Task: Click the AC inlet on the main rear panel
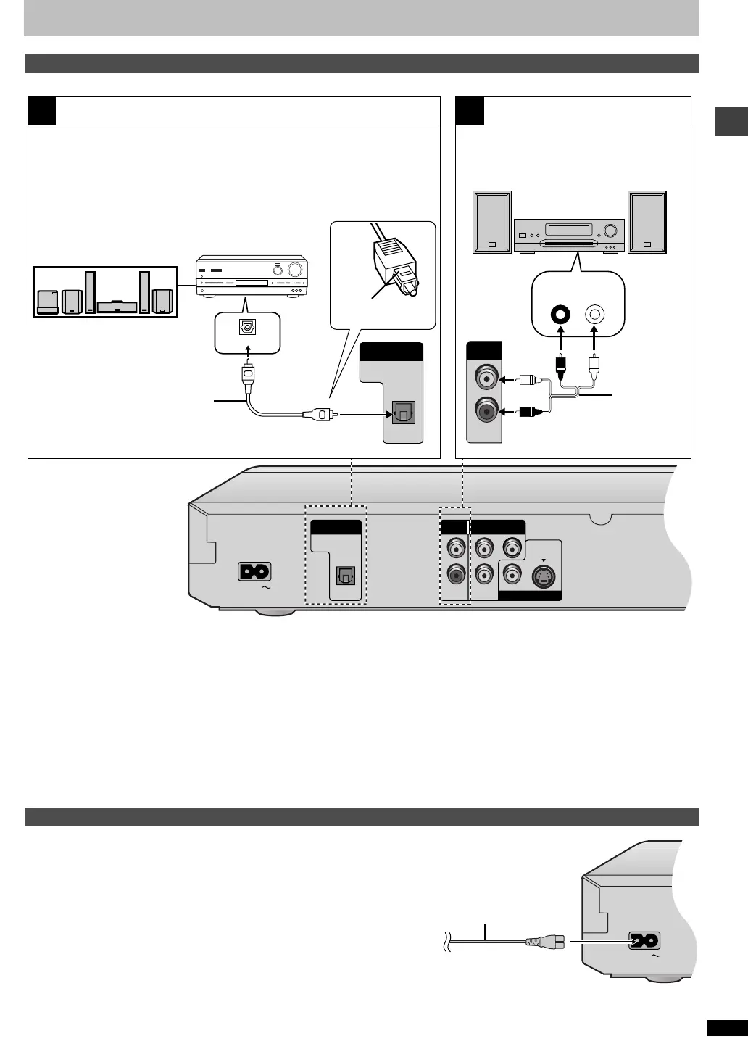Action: pyautogui.click(x=254, y=572)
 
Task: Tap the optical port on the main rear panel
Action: pyautogui.click(x=346, y=577)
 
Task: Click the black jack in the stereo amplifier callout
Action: pyautogui.click(x=560, y=315)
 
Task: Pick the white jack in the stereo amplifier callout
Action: pyautogui.click(x=594, y=315)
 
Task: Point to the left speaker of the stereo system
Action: pyautogui.click(x=492, y=222)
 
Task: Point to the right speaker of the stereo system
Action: pyautogui.click(x=647, y=222)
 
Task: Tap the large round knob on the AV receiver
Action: pyautogui.click(x=296, y=270)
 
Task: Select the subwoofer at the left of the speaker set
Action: pyautogui.click(x=48, y=302)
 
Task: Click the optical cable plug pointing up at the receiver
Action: pyautogui.click(x=248, y=374)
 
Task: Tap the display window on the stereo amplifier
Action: pyautogui.click(x=569, y=230)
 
